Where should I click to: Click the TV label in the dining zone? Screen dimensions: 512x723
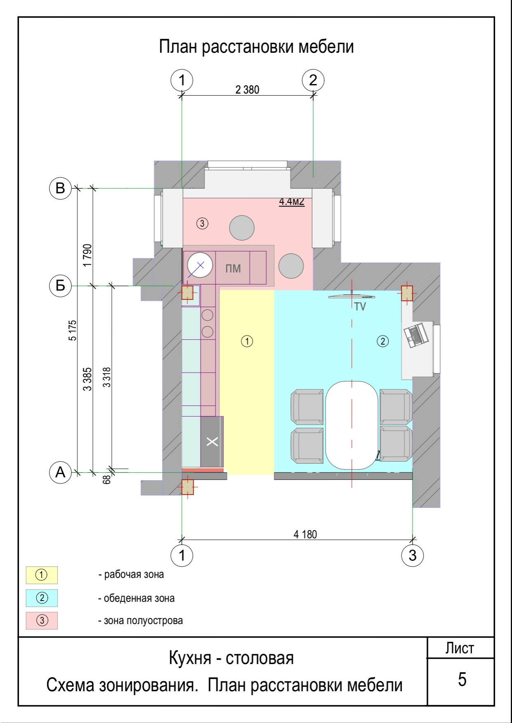pyautogui.click(x=360, y=307)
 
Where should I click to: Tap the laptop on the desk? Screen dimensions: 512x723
pyautogui.click(x=417, y=335)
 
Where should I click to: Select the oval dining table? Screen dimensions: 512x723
pyautogui.click(x=352, y=425)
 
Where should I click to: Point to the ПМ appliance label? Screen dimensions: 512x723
pyautogui.click(x=233, y=269)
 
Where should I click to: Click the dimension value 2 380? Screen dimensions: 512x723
pyautogui.click(x=247, y=89)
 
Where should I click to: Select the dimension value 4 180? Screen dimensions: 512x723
pyautogui.click(x=305, y=535)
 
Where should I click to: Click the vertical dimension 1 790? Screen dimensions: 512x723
pyautogui.click(x=87, y=256)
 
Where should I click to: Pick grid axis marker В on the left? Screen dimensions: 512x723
pyautogui.click(x=61, y=188)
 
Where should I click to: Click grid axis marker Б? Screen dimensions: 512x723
pyautogui.click(x=61, y=285)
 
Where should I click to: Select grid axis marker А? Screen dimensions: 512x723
pyautogui.click(x=61, y=472)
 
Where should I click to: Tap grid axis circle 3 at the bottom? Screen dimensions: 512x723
pyautogui.click(x=413, y=556)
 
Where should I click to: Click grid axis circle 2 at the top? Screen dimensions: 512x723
pyautogui.click(x=313, y=80)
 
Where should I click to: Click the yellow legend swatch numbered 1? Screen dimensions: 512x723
pyautogui.click(x=42, y=575)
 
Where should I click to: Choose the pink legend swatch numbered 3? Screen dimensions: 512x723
pyautogui.click(x=42, y=620)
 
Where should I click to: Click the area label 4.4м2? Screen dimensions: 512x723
pyautogui.click(x=292, y=202)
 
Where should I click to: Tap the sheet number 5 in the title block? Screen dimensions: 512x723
pyautogui.click(x=462, y=679)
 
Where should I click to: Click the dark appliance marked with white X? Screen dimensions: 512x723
pyautogui.click(x=212, y=441)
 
